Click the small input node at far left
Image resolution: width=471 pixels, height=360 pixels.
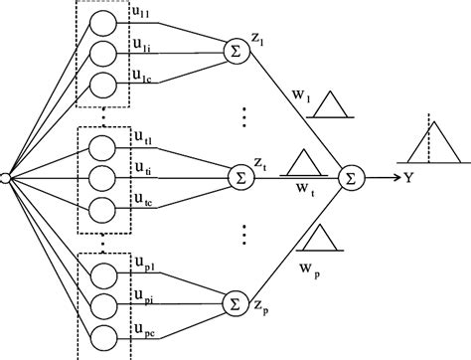point(5,177)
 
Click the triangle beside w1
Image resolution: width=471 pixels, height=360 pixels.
point(328,104)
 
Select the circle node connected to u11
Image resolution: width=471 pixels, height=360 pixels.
point(104,23)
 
